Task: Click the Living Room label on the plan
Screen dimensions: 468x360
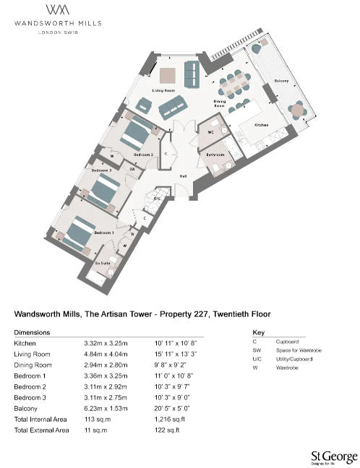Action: click(x=163, y=90)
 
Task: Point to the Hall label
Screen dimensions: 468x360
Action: click(x=183, y=175)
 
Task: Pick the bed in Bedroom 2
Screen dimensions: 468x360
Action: click(x=136, y=133)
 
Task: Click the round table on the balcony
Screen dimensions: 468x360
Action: click(x=298, y=109)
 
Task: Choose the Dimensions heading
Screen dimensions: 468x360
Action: click(x=33, y=332)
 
